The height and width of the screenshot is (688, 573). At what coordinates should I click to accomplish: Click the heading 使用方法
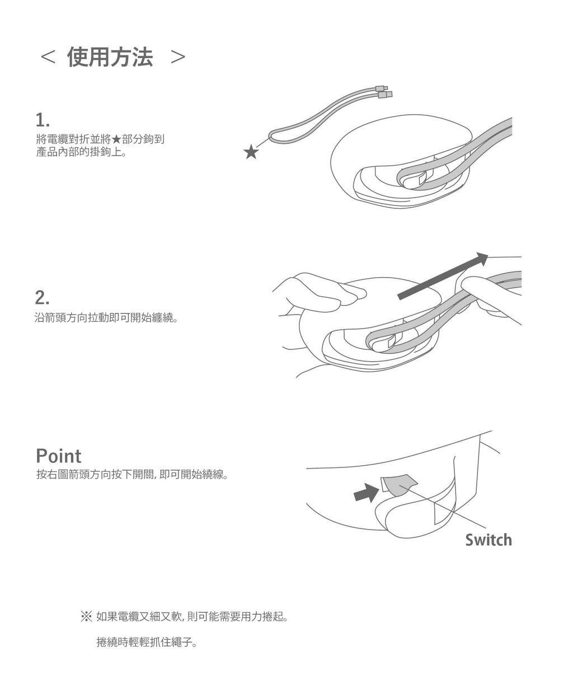click(110, 57)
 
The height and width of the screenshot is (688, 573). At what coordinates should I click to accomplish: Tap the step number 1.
click(42, 119)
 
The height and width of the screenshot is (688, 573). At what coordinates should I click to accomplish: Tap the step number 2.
click(43, 297)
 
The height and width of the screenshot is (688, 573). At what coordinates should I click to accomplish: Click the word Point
click(58, 456)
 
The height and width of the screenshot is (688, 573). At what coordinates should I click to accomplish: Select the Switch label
click(488, 540)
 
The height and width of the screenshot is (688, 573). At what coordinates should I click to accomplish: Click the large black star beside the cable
click(251, 151)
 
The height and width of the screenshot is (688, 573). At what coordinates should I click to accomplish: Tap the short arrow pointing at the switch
click(366, 493)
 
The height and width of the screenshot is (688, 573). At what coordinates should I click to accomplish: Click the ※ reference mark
click(86, 617)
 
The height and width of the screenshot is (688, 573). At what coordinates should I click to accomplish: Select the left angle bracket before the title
click(48, 58)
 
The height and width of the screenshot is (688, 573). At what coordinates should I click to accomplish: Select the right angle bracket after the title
click(178, 58)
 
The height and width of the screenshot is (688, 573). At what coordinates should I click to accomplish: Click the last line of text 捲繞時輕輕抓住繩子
click(147, 643)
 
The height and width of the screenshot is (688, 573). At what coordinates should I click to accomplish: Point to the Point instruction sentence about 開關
click(131, 475)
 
